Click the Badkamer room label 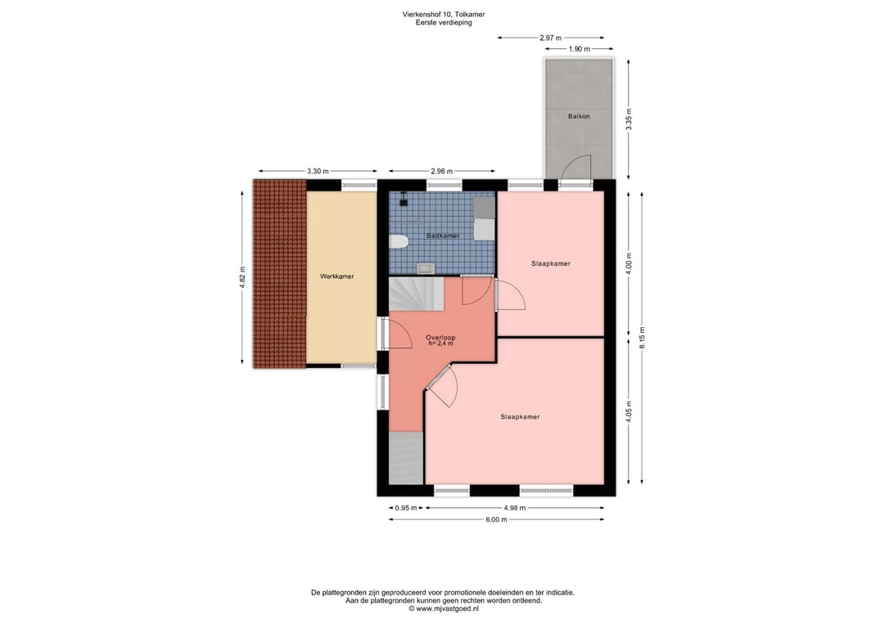tap(443, 236)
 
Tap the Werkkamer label tap(336, 276)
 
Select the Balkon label tap(579, 116)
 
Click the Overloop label tap(440, 337)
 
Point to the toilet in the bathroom tap(398, 242)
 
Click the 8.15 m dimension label tap(642, 337)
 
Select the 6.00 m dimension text tap(496, 519)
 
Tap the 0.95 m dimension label tap(406, 507)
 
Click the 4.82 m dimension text tap(242, 277)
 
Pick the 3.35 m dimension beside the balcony tap(629, 119)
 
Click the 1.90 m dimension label tap(579, 49)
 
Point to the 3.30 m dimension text tap(318, 171)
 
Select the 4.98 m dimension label tap(514, 507)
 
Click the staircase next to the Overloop tap(417, 294)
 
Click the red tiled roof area tap(280, 274)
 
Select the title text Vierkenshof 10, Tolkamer tap(443, 15)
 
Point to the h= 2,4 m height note tap(440, 343)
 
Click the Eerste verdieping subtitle tap(444, 23)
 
